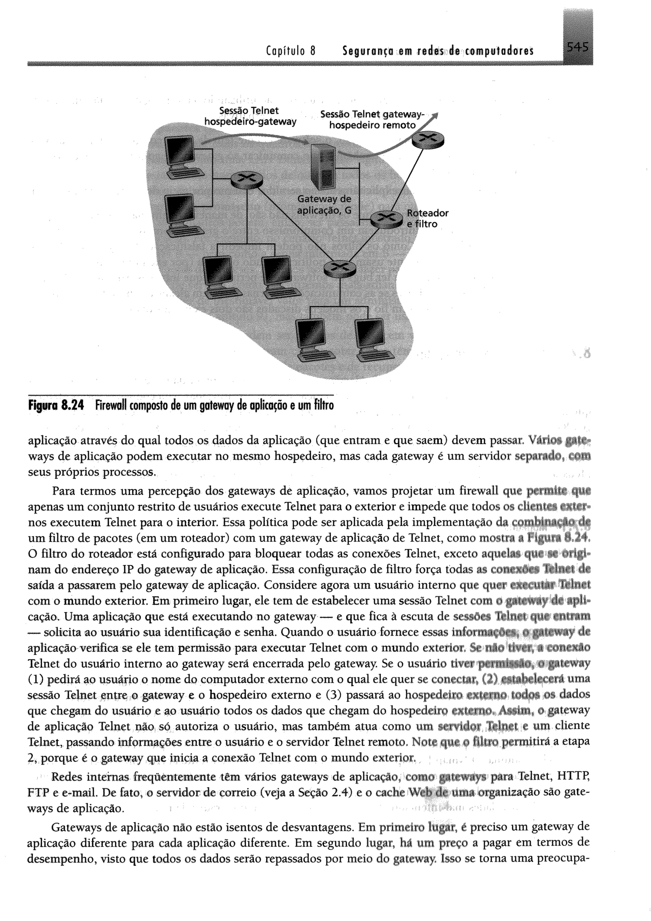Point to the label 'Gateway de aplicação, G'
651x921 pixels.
click(x=324, y=204)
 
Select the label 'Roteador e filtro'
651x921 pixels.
click(x=427, y=218)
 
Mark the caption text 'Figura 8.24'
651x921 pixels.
click(x=57, y=406)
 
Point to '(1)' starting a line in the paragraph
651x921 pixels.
click(x=37, y=680)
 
